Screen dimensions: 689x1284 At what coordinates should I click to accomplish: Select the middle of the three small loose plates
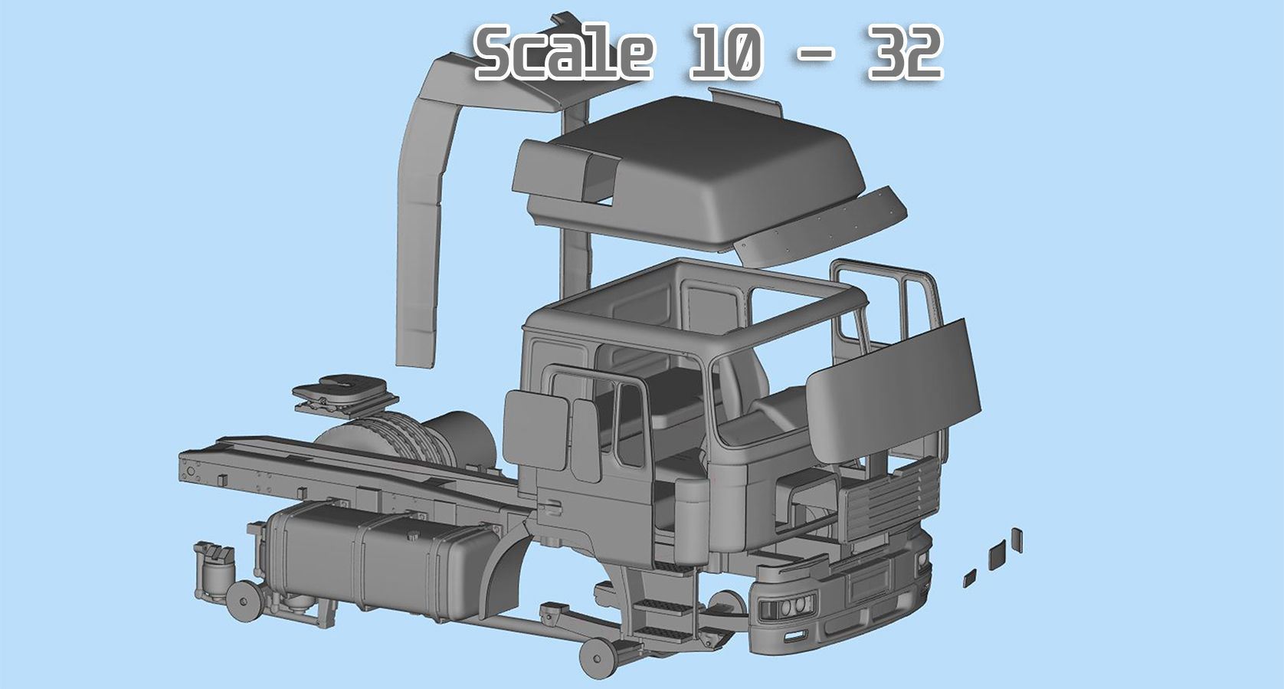click(996, 553)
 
